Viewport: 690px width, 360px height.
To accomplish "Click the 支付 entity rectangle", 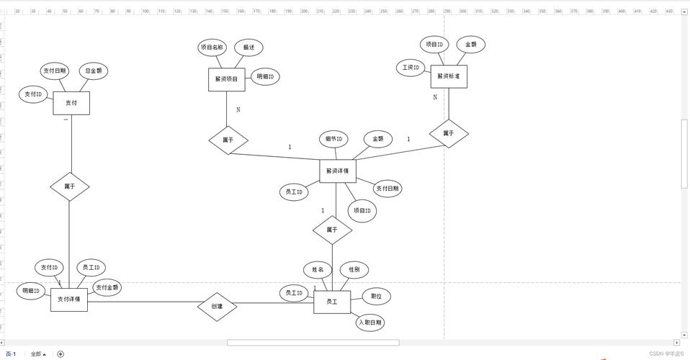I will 71,103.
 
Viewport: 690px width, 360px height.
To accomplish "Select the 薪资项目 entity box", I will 227,79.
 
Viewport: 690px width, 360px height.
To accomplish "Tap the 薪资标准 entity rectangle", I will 449,76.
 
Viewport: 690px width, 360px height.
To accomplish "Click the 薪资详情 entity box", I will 337,171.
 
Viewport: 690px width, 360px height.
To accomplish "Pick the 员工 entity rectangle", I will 332,302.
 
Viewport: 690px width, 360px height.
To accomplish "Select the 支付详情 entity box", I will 69,299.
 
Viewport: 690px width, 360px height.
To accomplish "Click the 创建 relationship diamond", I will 217,307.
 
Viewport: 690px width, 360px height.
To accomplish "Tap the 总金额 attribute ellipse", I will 93,71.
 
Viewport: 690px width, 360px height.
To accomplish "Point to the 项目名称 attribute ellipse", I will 212,48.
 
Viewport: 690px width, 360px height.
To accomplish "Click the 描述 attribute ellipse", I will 249,48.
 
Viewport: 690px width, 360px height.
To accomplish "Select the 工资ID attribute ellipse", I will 411,68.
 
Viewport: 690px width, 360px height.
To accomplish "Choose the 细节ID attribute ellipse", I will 333,139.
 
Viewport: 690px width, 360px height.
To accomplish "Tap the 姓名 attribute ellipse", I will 318,270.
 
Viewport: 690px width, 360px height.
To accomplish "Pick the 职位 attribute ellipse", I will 376,296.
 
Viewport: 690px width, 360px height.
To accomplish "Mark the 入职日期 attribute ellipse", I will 369,322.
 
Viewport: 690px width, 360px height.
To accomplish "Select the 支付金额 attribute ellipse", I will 107,287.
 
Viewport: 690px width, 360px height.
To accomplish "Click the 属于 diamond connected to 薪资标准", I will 449,133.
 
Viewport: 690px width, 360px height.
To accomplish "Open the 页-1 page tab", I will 11,354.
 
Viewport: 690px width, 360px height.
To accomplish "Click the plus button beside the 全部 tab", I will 61,354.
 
